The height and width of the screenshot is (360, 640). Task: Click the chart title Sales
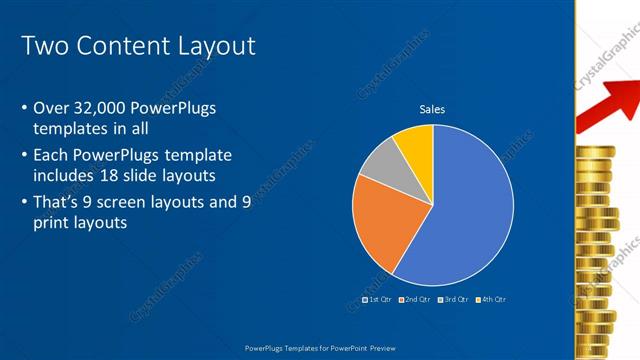point(432,109)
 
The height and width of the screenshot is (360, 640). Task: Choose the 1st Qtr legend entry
point(376,299)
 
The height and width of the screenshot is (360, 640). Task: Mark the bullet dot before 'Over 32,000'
point(24,108)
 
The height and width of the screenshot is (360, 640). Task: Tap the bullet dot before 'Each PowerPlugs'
point(24,156)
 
